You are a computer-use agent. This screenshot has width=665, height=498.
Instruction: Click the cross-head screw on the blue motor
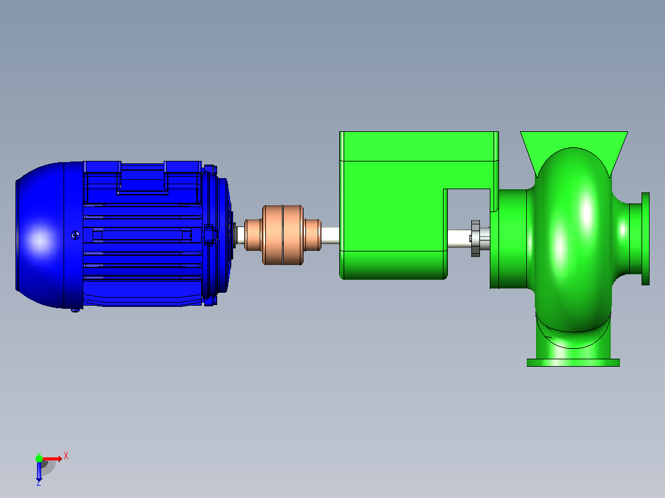(x=75, y=235)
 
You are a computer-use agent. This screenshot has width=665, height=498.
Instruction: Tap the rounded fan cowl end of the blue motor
(x=40, y=235)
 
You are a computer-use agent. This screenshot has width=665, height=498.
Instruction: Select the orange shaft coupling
(x=283, y=235)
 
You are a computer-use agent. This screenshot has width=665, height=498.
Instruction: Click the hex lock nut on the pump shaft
(x=476, y=238)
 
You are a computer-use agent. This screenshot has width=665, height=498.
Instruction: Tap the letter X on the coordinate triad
(x=66, y=456)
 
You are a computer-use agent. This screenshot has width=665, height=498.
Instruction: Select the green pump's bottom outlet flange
(x=573, y=362)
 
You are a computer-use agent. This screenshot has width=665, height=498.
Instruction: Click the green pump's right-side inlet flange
(x=645, y=239)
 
